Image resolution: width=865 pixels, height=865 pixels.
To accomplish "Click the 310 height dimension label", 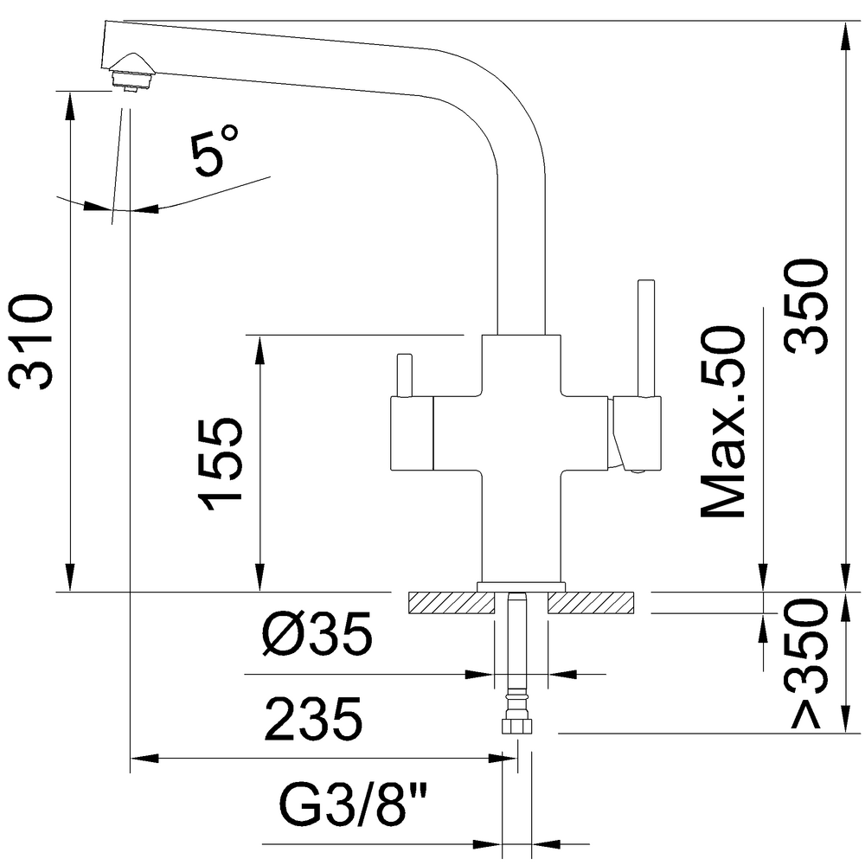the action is pos(31,342).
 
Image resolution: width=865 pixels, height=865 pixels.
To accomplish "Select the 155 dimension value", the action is pos(220,465).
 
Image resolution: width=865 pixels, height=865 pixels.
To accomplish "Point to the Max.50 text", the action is pos(722,422).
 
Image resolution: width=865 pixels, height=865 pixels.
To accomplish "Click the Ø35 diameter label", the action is pos(317,633).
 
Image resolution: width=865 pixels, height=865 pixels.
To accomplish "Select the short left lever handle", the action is pos(405,375).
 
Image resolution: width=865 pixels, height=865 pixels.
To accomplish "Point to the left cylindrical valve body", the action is pos(412,433).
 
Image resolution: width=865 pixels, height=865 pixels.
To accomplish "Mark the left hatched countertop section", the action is pos(451,602).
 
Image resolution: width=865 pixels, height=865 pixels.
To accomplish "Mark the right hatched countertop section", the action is pos(590,602).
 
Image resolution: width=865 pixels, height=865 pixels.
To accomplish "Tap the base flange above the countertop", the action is pos(521,587).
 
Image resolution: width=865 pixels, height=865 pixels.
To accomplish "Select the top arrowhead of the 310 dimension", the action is pos(70,106).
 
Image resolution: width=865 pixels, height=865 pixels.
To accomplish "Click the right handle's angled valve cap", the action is pos(617,433).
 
